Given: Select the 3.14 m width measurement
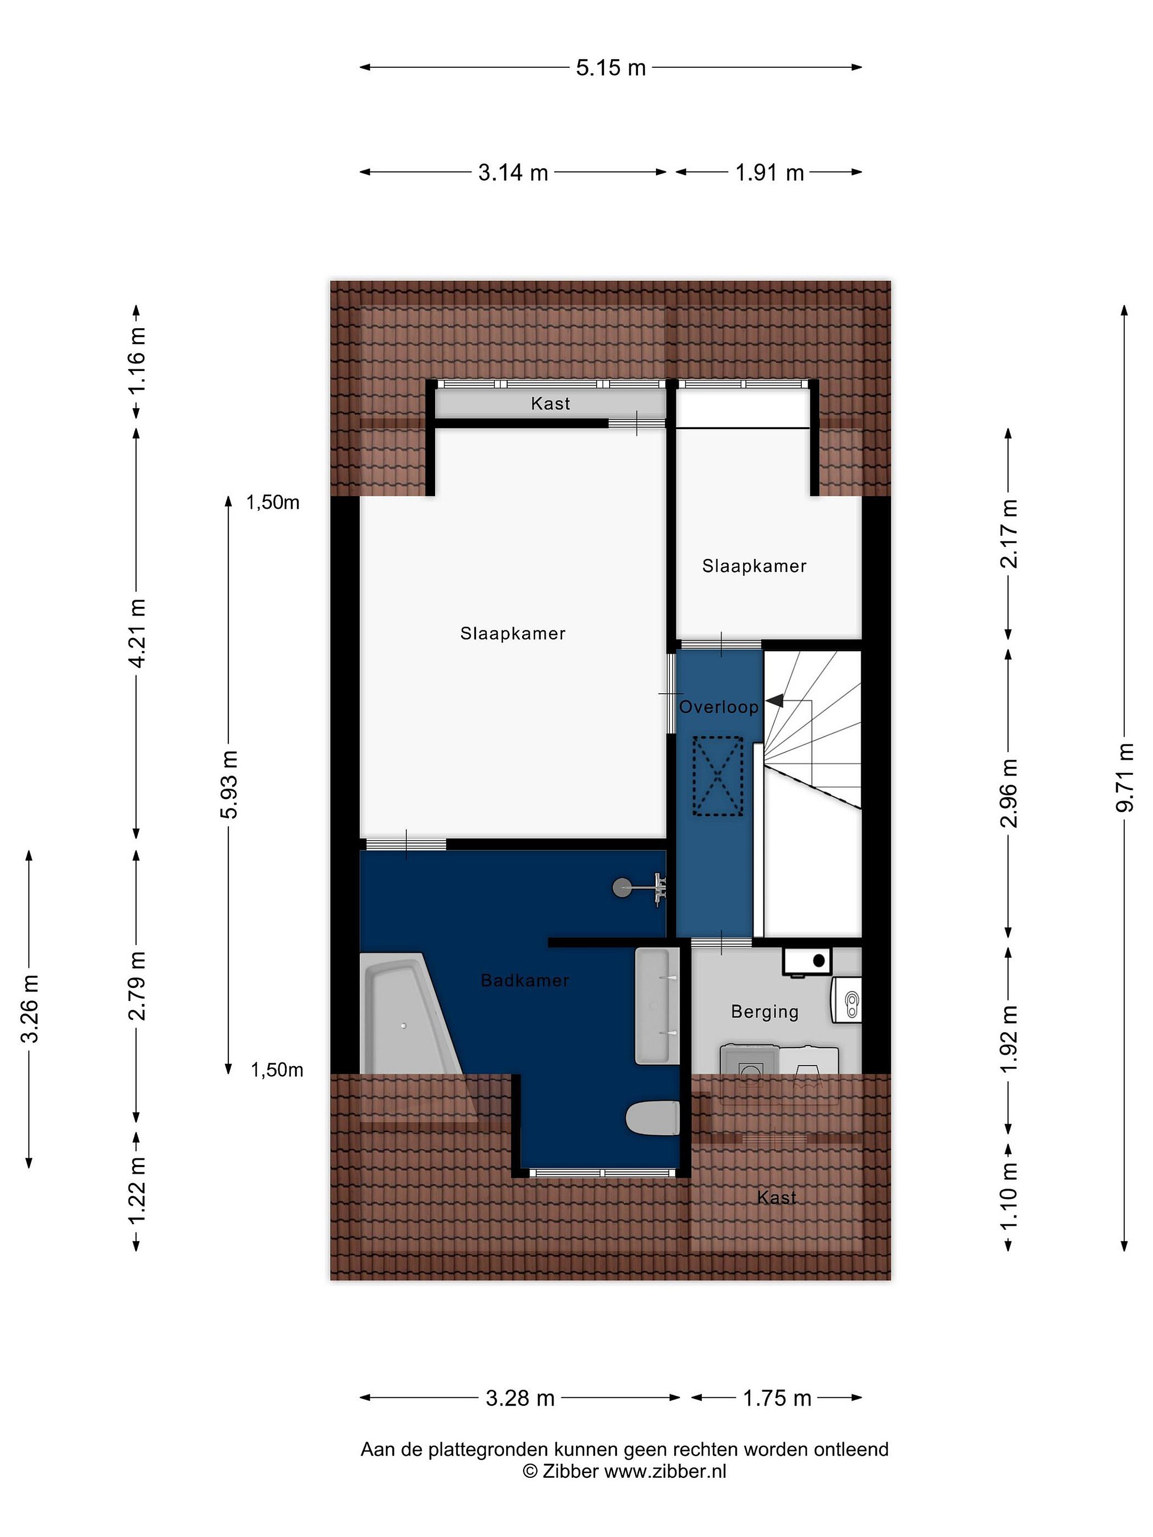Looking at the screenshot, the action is tap(513, 172).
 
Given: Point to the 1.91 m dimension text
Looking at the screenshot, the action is tap(769, 172).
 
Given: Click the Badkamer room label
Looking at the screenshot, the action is tap(525, 980).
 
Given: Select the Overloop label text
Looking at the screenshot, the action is tap(718, 707).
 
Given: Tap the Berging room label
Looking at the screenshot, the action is tap(764, 1012).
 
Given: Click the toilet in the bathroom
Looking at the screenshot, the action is tap(653, 1118).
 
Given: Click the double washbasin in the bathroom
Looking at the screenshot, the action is tap(657, 1005).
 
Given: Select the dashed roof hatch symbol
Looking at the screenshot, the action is tap(717, 775).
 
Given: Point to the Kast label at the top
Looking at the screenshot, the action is tap(550, 403).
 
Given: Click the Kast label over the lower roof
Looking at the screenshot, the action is tap(776, 1197).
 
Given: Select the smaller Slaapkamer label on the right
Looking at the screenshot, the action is tap(754, 566).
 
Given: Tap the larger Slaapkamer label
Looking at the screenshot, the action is tap(513, 633).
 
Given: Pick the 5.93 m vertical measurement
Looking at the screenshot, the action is tap(230, 785).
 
